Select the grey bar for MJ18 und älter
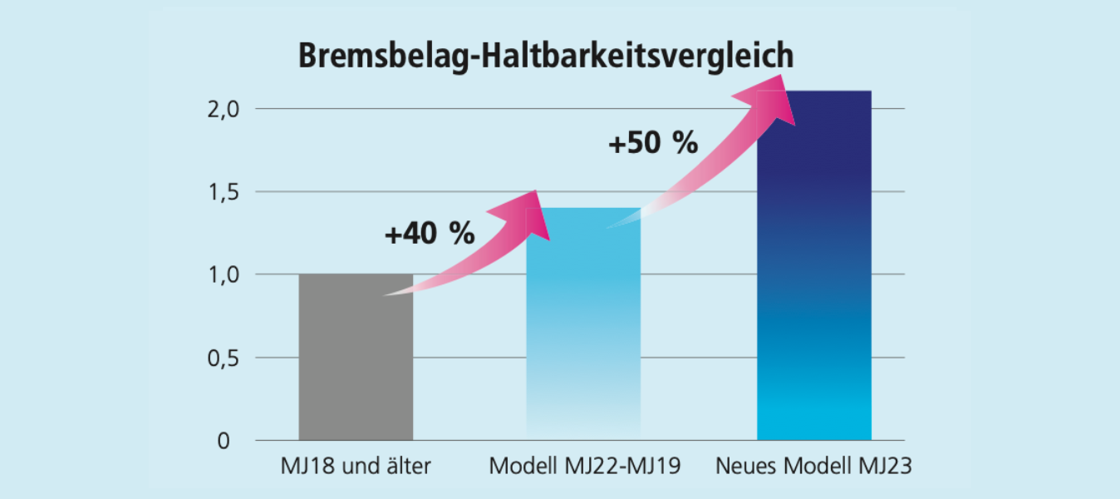pyautogui.click(x=356, y=366)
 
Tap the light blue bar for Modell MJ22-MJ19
pyautogui.click(x=583, y=333)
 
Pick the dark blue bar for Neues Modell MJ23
pyautogui.click(x=813, y=274)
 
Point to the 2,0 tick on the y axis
pyautogui.click(x=223, y=109)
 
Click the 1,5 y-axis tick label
pyautogui.click(x=223, y=192)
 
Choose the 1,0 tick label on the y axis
pyautogui.click(x=223, y=274)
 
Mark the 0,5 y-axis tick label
pyautogui.click(x=223, y=358)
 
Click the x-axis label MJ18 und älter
pyautogui.click(x=356, y=467)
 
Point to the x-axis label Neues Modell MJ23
pyautogui.click(x=813, y=467)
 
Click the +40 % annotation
pyautogui.click(x=429, y=235)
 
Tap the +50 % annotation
pyautogui.click(x=652, y=143)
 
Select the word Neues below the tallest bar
pyautogui.click(x=744, y=467)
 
